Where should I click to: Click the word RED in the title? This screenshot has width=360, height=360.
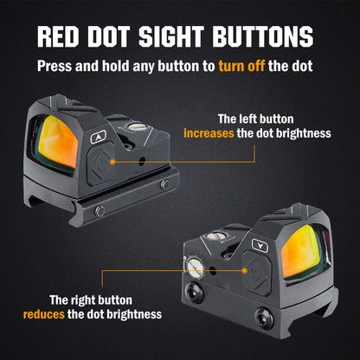58,36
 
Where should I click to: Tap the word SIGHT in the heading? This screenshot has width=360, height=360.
171,36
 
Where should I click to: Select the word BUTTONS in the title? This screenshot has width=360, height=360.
263,36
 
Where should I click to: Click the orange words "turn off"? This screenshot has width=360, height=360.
241,66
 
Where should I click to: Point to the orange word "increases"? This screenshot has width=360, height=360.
209,133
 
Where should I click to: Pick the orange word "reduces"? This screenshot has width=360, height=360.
44,314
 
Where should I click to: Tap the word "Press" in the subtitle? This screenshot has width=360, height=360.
55,66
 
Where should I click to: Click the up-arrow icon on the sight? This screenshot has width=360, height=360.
99,137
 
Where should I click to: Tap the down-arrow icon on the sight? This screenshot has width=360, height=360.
260,246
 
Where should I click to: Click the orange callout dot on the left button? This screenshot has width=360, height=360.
112,162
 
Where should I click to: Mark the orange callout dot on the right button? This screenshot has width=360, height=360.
245,271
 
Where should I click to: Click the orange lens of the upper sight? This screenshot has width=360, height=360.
58,141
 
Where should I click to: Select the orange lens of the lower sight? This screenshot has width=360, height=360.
302,252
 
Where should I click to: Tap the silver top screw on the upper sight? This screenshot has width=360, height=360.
137,126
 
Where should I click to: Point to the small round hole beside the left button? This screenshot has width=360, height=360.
142,162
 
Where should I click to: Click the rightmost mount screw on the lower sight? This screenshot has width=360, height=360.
264,318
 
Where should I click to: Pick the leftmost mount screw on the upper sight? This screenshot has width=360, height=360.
100,211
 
